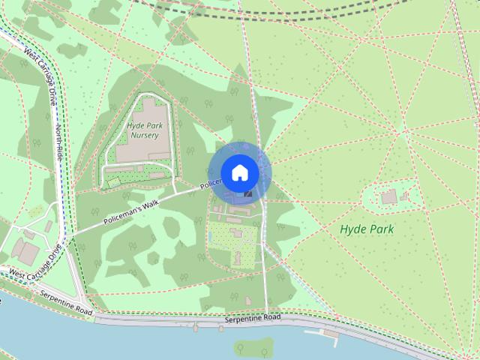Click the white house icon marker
coord(239,172)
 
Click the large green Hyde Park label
coord(367,229)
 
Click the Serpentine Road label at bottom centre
coord(252,319)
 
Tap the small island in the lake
coord(251,346)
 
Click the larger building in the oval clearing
coord(388,196)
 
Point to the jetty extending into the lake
coord(330,331)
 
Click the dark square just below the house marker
coord(248,193)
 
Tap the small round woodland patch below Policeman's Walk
coord(153,258)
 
